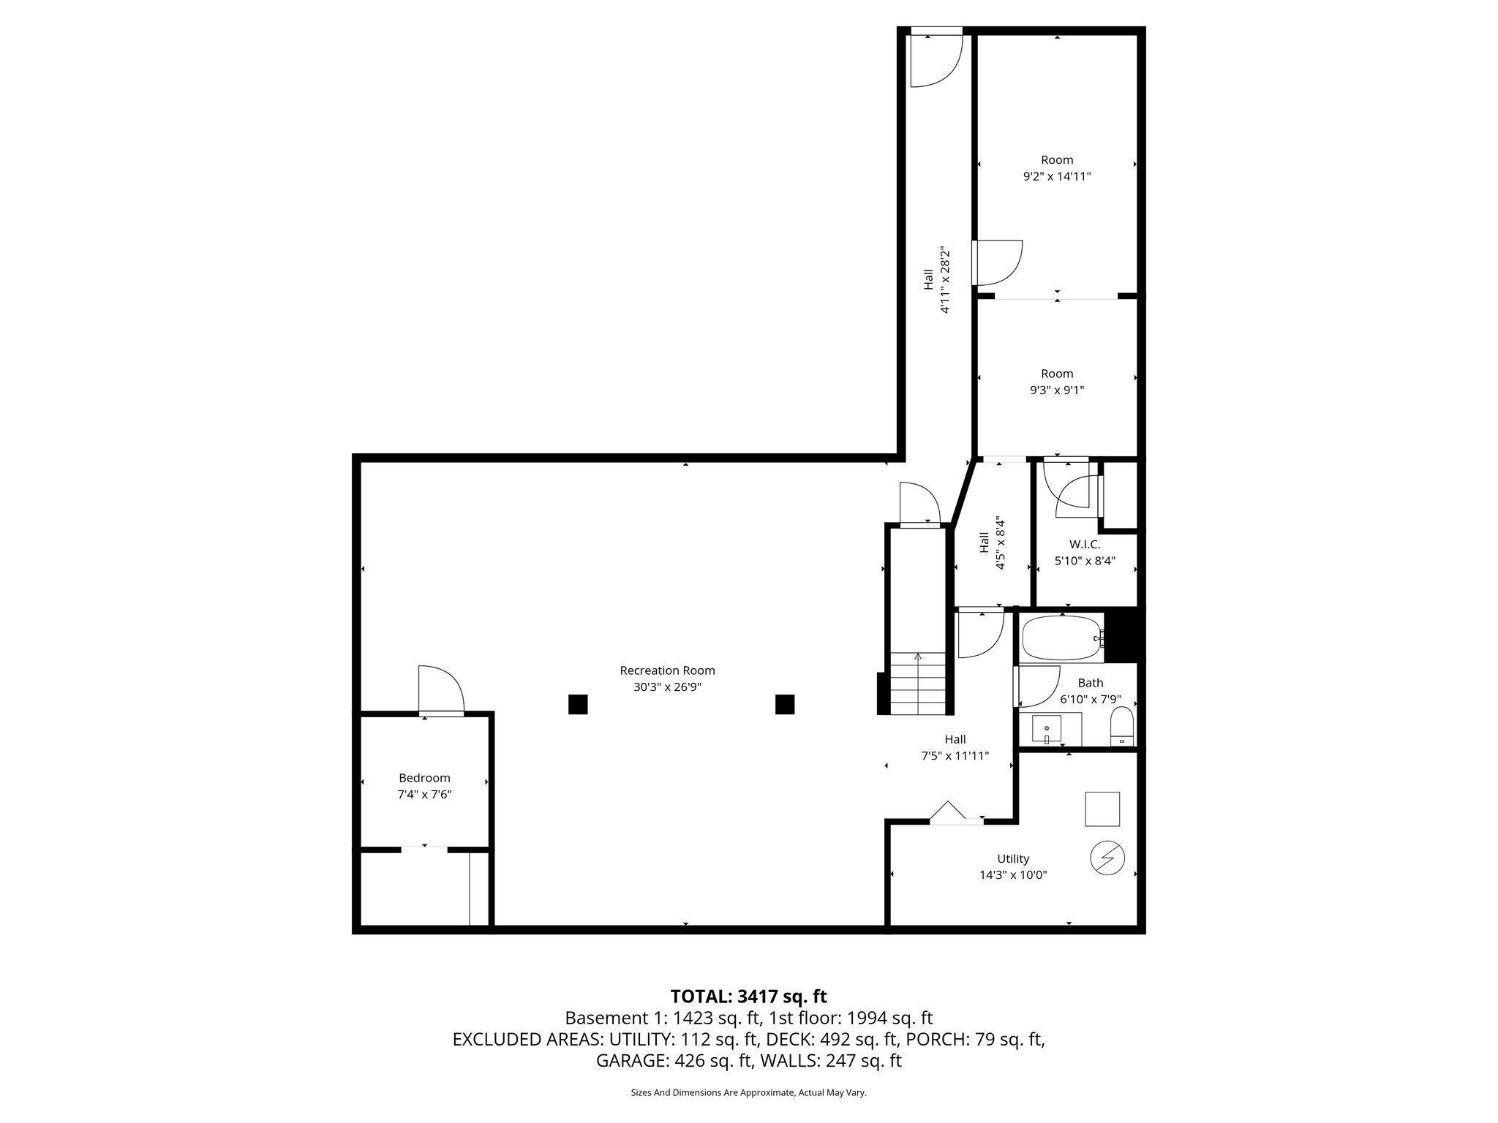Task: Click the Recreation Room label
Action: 667,670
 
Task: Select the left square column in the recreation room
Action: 578,704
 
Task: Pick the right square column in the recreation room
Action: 785,704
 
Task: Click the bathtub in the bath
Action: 1061,638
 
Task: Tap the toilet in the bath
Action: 1121,727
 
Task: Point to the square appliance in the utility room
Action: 1102,809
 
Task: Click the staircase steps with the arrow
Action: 918,684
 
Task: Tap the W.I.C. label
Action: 1084,544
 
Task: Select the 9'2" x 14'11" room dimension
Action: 1057,176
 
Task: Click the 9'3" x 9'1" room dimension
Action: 1057,390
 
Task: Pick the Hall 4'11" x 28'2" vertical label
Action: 936,280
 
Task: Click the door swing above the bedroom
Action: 440,689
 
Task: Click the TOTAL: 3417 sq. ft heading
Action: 748,996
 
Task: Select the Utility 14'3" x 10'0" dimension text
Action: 1013,874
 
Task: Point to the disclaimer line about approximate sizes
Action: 748,1092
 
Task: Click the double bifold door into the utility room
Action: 956,813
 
